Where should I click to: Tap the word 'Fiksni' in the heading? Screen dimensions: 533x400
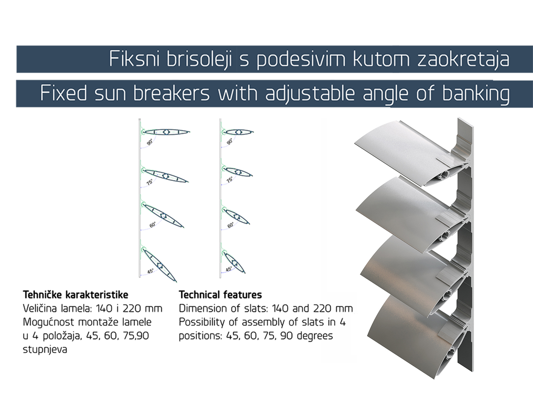[x=134, y=59]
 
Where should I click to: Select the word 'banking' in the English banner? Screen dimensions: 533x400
[x=476, y=94]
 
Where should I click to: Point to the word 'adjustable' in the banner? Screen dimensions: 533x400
[x=310, y=94]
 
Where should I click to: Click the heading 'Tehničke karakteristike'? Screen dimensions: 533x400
[x=75, y=295]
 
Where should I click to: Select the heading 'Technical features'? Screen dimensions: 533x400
[x=220, y=295]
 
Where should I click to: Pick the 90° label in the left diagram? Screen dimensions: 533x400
[x=150, y=142]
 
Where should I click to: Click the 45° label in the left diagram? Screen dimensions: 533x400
[x=150, y=271]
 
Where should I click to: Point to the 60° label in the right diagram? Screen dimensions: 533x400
[x=230, y=225]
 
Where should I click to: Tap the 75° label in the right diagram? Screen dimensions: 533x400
[x=230, y=179]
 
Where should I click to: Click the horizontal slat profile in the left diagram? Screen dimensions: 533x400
[x=167, y=132]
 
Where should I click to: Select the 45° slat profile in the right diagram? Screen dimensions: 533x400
[x=234, y=262]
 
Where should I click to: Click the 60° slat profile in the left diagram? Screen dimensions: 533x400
[x=163, y=216]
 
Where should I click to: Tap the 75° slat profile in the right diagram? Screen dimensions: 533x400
[x=238, y=172]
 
